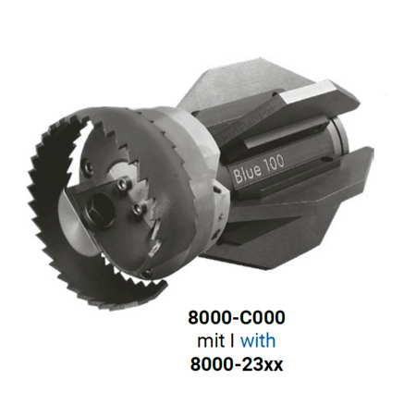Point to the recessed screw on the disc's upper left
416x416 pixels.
[88, 165]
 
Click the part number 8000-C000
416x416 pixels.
[237, 318]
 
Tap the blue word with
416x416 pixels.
[258, 341]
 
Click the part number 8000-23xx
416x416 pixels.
[237, 364]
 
